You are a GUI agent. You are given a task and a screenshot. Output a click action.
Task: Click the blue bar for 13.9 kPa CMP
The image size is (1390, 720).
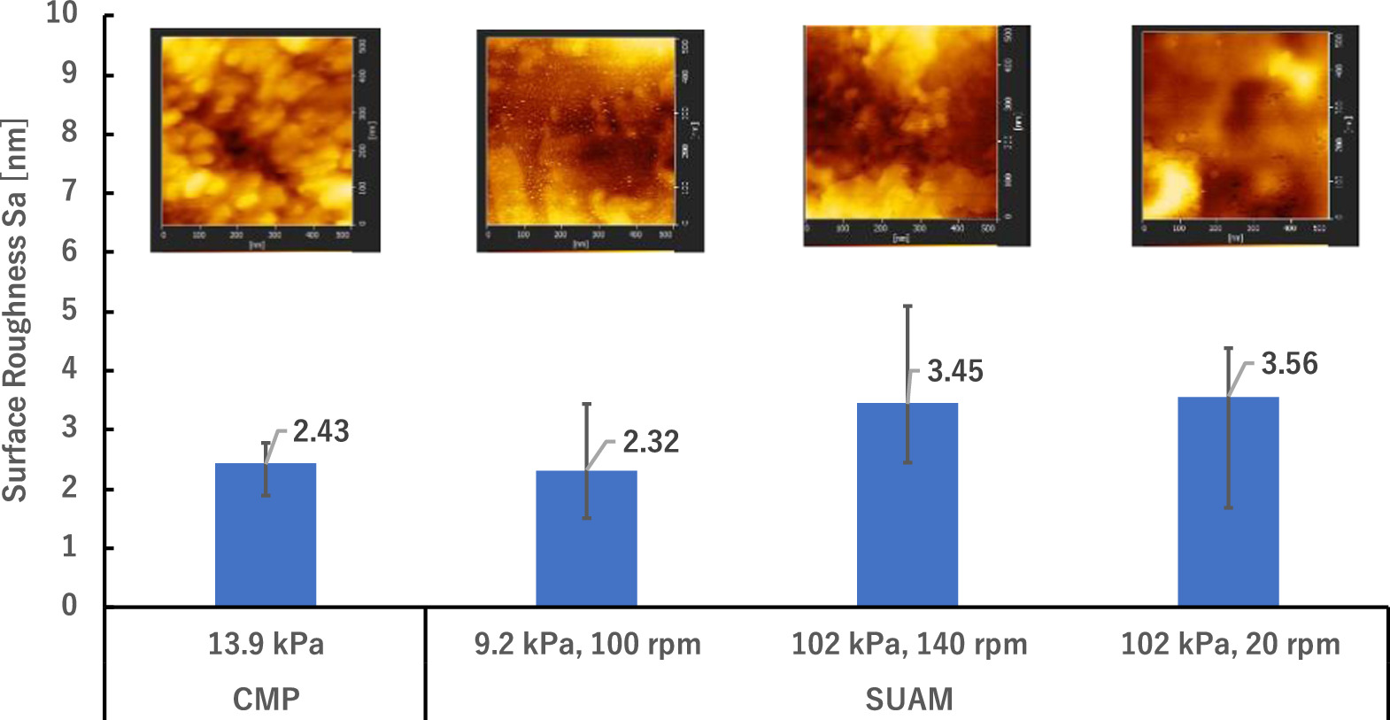click(x=266, y=535)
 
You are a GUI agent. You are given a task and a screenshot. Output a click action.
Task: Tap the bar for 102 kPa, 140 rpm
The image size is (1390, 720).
click(x=907, y=505)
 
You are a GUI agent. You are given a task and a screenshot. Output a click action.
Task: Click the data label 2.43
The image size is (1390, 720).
click(x=320, y=431)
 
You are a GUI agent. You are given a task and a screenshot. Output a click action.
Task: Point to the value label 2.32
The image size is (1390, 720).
click(x=651, y=442)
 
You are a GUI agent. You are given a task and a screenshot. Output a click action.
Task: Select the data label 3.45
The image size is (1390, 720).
click(x=955, y=372)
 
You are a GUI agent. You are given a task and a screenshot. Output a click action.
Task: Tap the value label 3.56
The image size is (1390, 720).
click(x=1289, y=364)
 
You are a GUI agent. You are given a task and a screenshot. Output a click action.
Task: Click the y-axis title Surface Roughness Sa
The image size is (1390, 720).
click(x=15, y=310)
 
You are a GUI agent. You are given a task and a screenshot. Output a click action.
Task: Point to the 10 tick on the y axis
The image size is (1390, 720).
click(x=62, y=14)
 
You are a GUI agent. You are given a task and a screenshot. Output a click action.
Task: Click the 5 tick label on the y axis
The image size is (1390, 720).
click(x=69, y=311)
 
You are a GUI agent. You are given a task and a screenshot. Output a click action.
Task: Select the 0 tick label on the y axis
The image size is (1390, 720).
click(x=69, y=606)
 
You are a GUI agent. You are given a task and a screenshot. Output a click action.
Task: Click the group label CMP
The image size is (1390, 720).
click(x=266, y=700)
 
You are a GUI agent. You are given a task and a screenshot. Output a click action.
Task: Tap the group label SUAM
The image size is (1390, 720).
click(x=909, y=700)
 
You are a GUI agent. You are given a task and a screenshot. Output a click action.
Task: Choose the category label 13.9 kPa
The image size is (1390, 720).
click(x=266, y=644)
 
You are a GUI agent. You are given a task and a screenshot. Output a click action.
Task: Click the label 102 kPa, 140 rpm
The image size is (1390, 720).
click(x=909, y=644)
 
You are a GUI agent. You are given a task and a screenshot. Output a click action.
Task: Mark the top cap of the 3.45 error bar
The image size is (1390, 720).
click(x=907, y=306)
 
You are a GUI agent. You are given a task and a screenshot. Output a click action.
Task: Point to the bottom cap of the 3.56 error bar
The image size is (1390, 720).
click(x=1228, y=507)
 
